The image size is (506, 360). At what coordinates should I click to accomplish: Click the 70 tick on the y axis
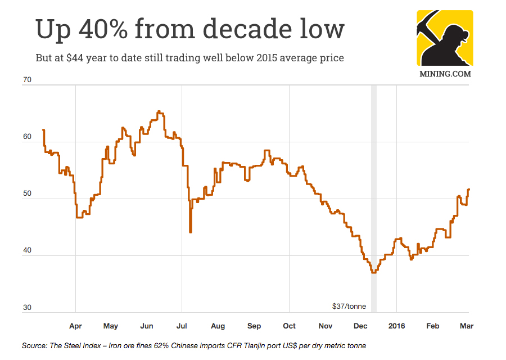tap(27, 80)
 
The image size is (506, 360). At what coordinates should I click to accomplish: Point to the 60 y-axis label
tap(27, 137)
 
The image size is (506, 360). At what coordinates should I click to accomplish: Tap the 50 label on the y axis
tap(27, 194)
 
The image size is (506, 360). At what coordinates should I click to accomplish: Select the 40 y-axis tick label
tap(27, 251)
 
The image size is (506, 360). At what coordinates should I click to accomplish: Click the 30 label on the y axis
tap(27, 308)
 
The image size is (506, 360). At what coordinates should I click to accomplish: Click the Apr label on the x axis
tap(75, 326)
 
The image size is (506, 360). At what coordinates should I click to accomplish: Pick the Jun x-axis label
tap(146, 326)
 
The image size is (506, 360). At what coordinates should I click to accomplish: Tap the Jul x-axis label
tap(182, 326)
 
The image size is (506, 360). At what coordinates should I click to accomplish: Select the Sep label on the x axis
tap(254, 326)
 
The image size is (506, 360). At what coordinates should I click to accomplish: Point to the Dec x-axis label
tap(360, 326)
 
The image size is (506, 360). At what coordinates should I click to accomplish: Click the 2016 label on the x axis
tap(396, 326)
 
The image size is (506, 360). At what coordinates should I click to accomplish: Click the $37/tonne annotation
tap(349, 307)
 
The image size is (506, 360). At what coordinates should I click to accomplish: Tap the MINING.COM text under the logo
tap(445, 73)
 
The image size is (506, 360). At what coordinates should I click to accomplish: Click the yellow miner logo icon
tap(445, 38)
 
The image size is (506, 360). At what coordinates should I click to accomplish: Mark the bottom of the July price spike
tap(191, 232)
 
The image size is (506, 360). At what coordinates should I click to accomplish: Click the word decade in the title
tap(246, 29)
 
